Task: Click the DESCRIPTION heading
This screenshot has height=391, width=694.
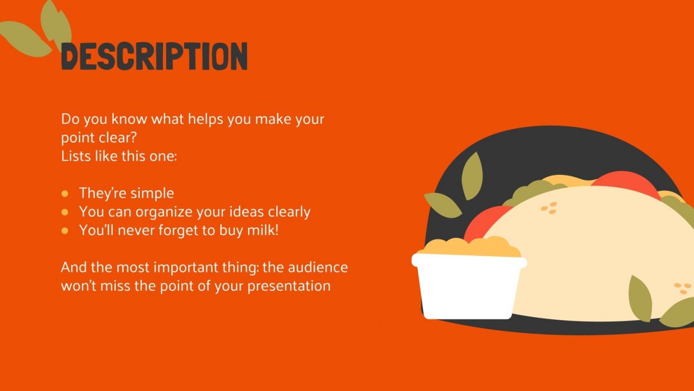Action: pyautogui.click(x=154, y=56)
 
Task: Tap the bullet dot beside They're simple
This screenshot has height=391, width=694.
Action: pyautogui.click(x=65, y=193)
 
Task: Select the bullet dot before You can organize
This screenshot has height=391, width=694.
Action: pyautogui.click(x=65, y=212)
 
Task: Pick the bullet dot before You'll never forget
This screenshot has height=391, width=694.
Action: pyautogui.click(x=65, y=230)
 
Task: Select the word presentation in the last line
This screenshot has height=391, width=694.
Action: pyautogui.click(x=289, y=286)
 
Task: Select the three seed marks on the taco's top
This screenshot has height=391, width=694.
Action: pyautogui.click(x=549, y=208)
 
